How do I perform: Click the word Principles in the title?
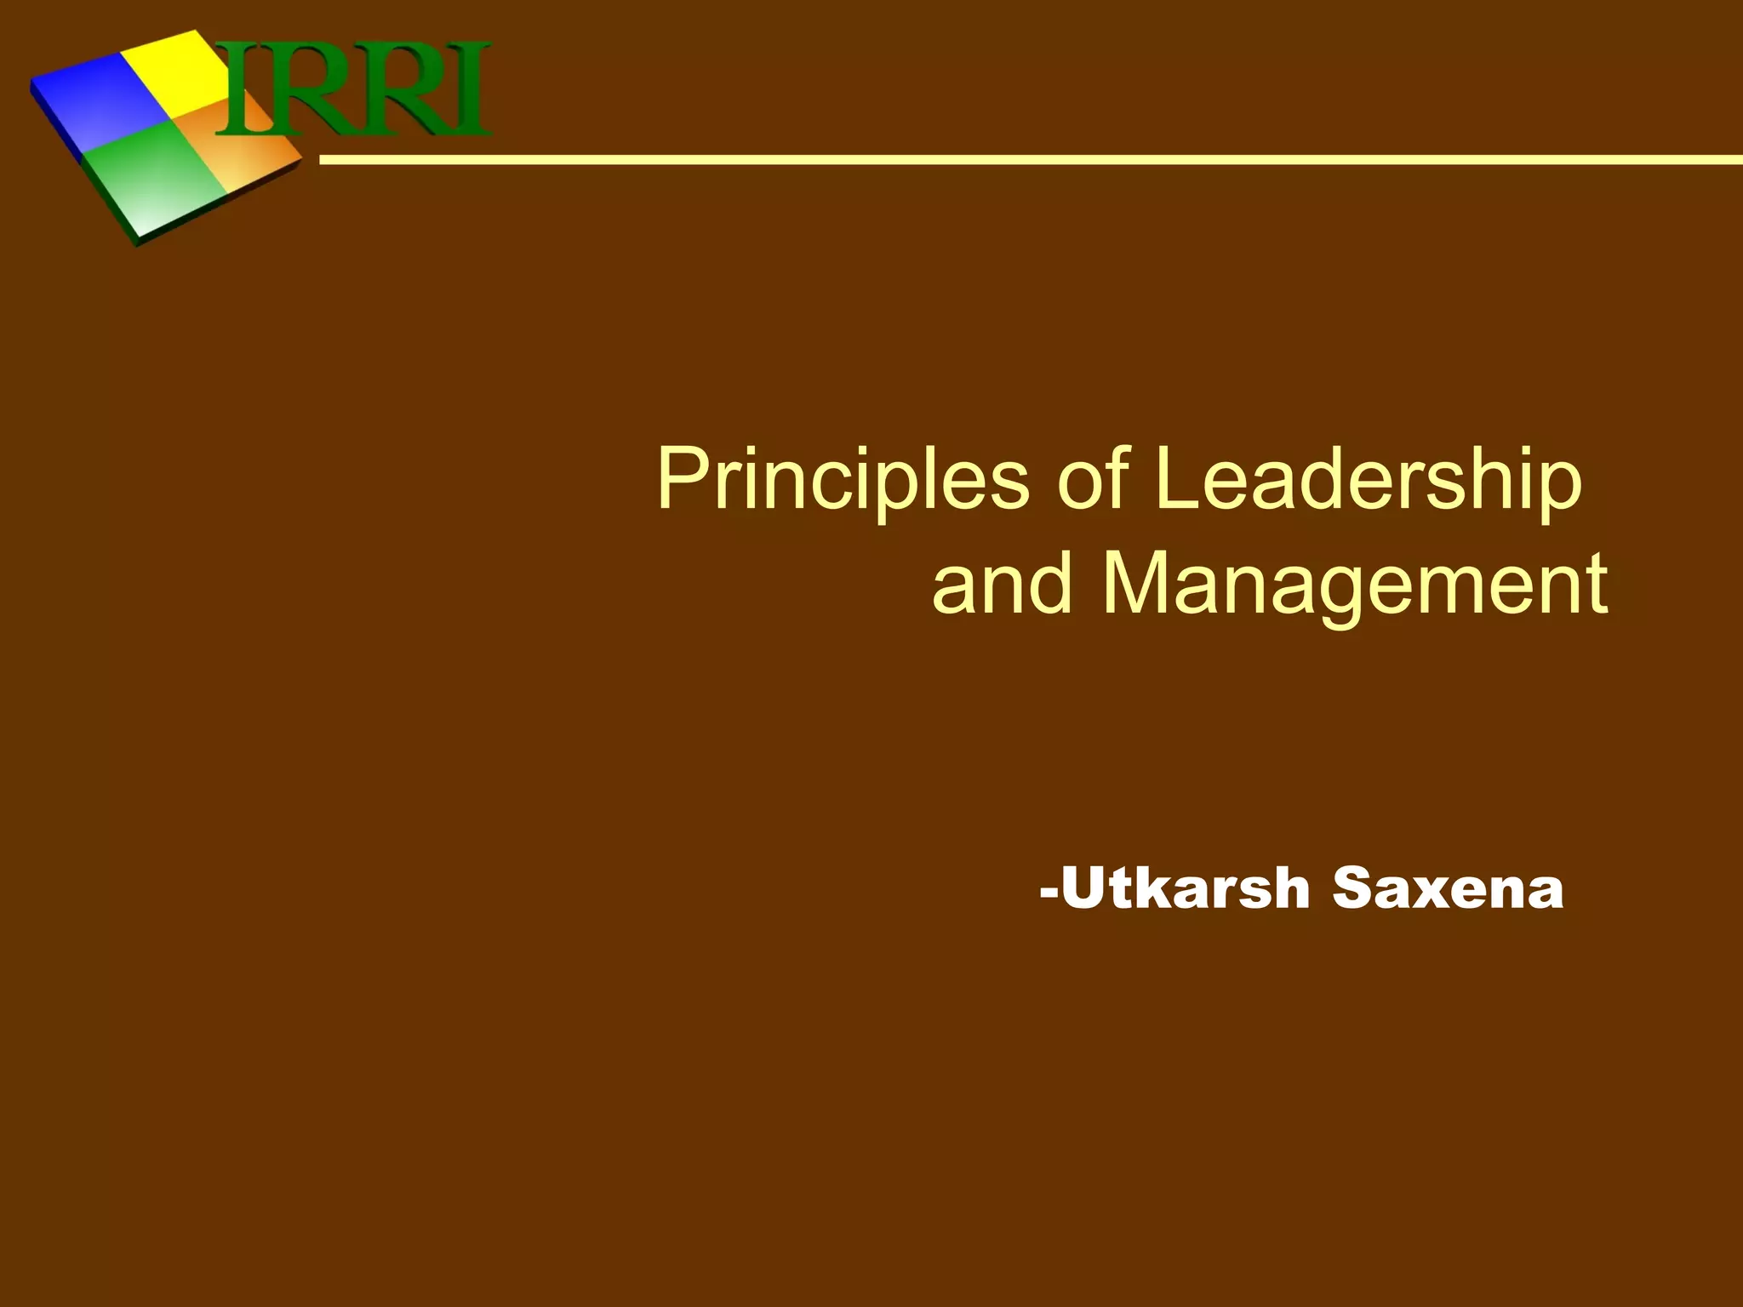click(843, 481)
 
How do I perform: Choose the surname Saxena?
click(1448, 888)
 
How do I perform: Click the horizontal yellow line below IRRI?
click(1021, 159)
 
